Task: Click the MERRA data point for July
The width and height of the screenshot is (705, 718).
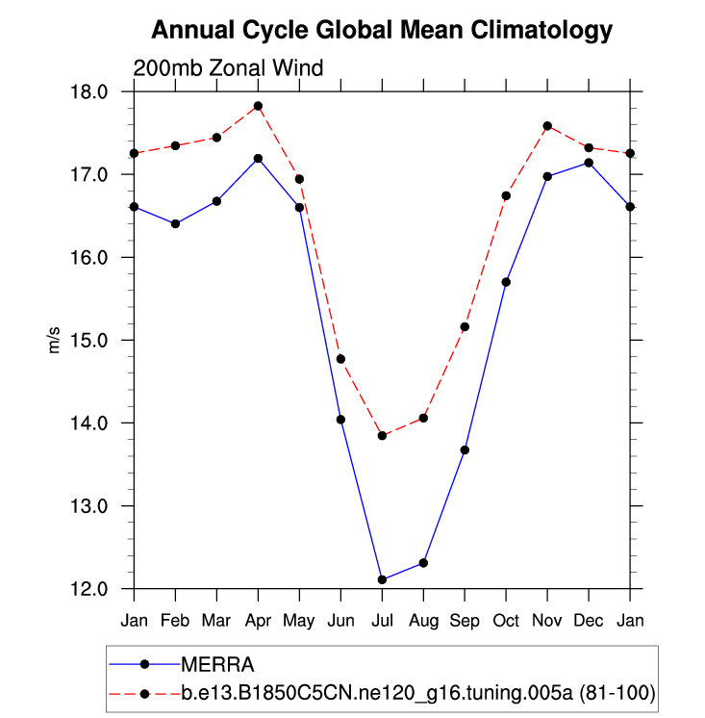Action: coord(382,579)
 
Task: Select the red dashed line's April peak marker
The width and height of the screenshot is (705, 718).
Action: coord(258,106)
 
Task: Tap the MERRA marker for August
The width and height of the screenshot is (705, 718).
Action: coord(423,563)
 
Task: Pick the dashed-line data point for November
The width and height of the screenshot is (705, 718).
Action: coord(547,126)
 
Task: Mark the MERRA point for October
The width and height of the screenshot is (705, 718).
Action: coord(506,282)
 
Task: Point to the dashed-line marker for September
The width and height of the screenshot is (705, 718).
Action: coord(465,327)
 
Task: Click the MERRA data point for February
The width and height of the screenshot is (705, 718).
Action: coord(175,223)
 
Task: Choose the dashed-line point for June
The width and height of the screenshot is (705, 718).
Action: coord(340,359)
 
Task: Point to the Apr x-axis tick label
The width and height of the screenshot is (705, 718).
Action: coord(258,619)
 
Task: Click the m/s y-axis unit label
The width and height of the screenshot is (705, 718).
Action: coord(55,340)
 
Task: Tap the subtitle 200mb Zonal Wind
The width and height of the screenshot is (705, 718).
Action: coord(228,68)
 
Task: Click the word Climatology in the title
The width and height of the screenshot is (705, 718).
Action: coord(543,31)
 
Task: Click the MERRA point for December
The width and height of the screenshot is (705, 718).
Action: coord(589,163)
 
